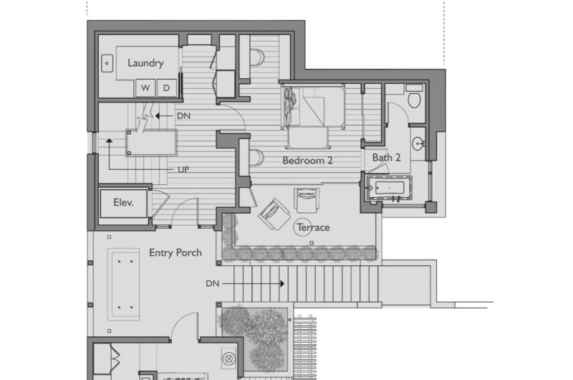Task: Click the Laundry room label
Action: tap(145, 63)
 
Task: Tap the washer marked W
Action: tap(145, 87)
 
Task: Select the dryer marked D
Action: tap(167, 87)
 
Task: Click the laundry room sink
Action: tap(107, 63)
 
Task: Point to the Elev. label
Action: tap(123, 203)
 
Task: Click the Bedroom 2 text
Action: tap(307, 161)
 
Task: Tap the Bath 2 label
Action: tap(386, 158)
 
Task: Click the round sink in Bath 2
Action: tap(418, 143)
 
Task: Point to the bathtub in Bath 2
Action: tap(389, 188)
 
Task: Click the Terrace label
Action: tap(313, 227)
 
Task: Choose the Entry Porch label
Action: tap(175, 252)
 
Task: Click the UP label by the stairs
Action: tap(183, 170)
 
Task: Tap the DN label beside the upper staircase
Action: tap(183, 116)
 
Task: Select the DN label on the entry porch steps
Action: tap(212, 283)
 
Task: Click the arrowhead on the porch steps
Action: tap(282, 283)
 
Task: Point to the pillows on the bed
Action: tap(291, 105)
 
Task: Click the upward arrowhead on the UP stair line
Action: tap(109, 141)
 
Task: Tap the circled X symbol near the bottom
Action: tap(228, 358)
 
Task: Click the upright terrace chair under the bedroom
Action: tap(307, 200)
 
